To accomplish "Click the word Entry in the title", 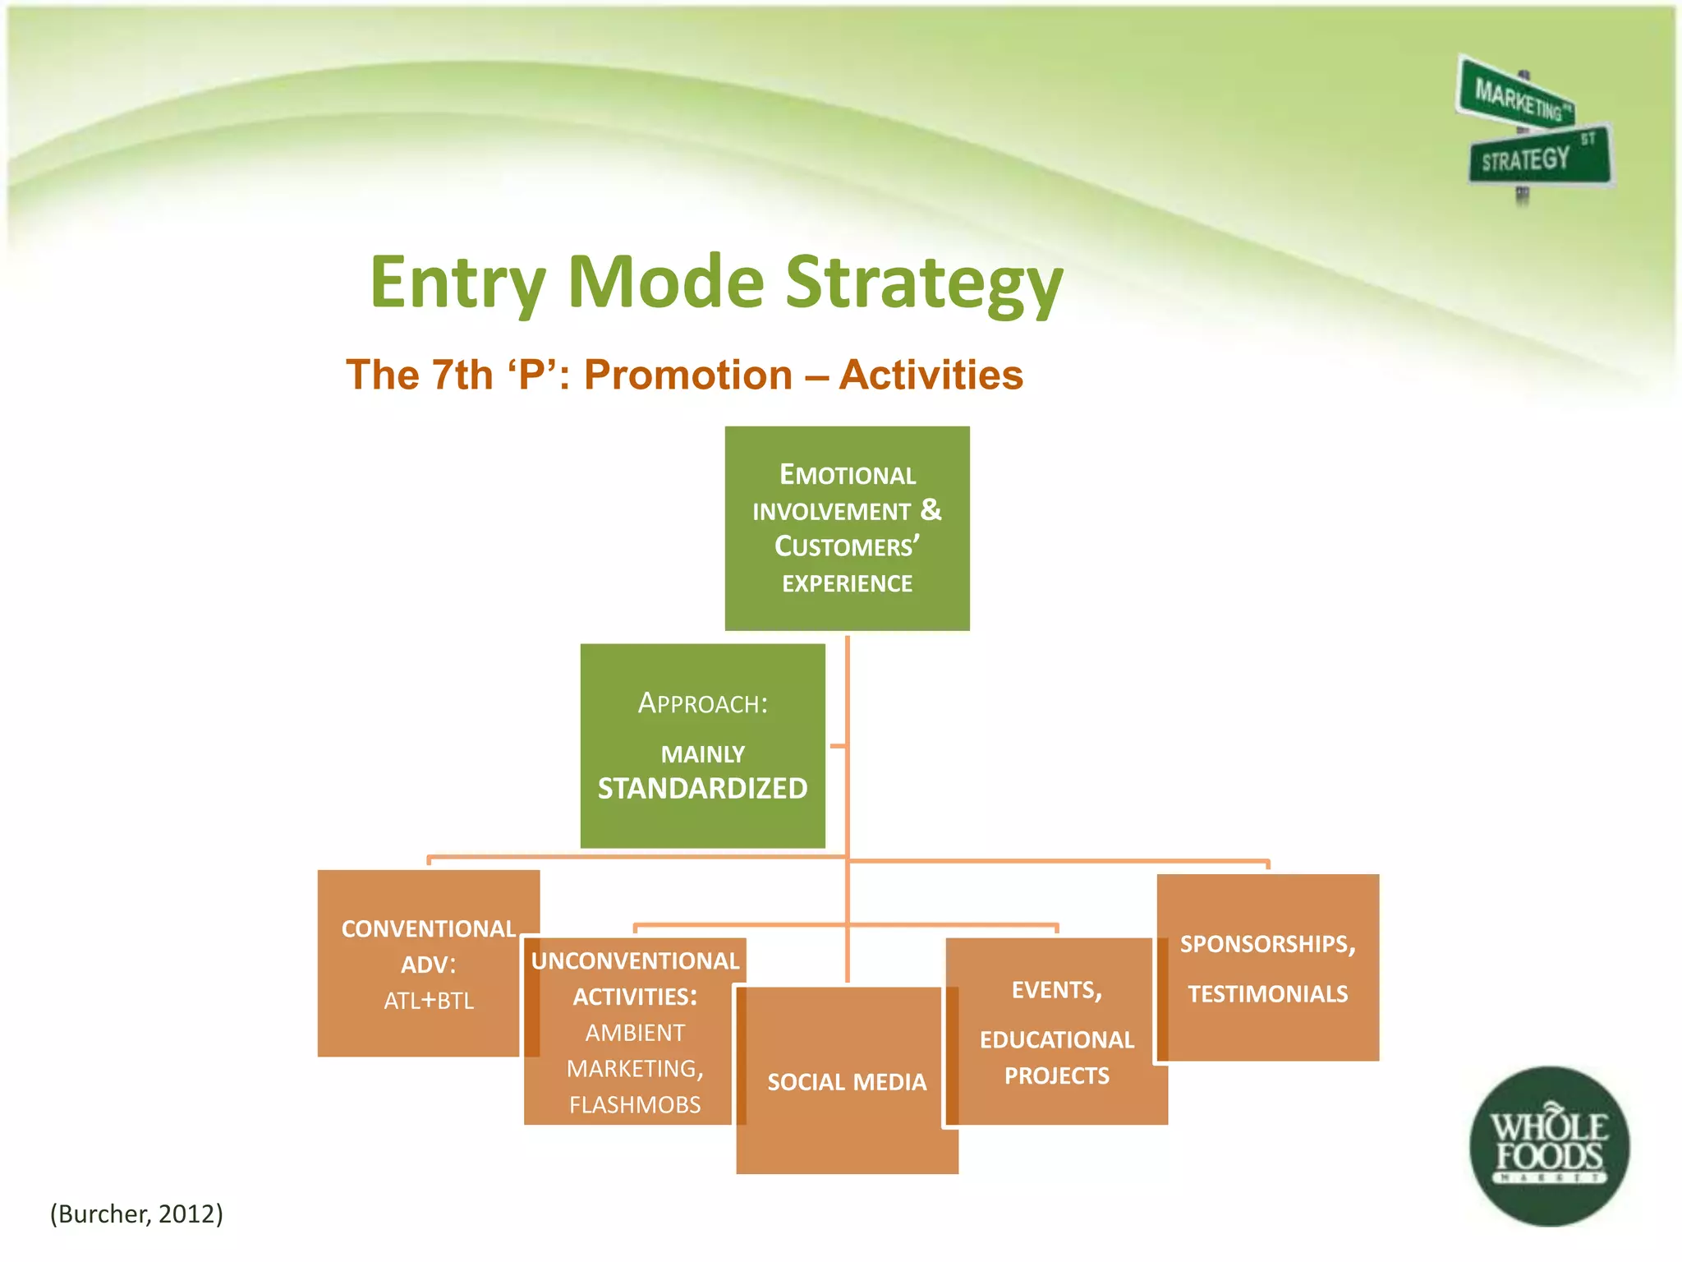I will click(457, 282).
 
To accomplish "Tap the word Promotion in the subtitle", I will click(688, 375).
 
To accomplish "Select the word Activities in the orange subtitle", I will click(931, 375).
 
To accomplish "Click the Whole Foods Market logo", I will click(1549, 1146).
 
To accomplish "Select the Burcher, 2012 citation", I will click(136, 1214).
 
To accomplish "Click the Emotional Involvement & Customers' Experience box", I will click(847, 528).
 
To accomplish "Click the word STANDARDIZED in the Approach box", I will click(702, 789).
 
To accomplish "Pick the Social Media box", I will click(847, 1081).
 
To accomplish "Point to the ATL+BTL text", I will click(429, 1001).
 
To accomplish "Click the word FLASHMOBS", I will click(635, 1104).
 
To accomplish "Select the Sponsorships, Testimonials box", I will click(1267, 968).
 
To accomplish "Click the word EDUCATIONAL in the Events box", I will click(1056, 1040).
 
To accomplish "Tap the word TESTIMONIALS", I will click(1267, 994).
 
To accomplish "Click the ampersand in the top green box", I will click(931, 510).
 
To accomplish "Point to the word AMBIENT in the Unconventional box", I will click(635, 1033).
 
